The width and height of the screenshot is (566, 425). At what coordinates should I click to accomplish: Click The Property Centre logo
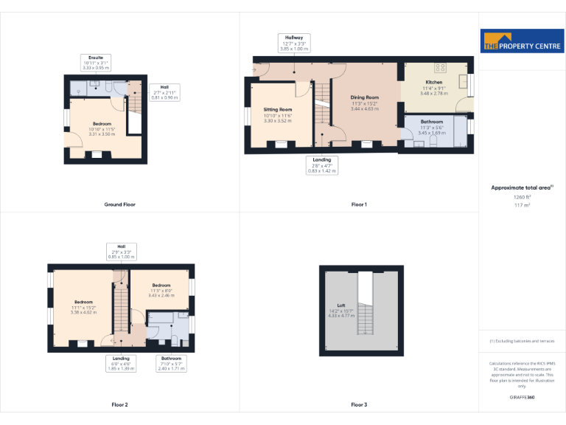(x=521, y=41)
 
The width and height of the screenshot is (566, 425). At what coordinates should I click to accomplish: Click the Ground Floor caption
(x=119, y=204)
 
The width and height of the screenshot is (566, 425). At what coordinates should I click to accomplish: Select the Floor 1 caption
(x=359, y=204)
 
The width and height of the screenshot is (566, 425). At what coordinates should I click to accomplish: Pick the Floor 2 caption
(x=119, y=404)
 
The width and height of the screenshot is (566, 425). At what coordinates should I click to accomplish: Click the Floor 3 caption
(x=359, y=404)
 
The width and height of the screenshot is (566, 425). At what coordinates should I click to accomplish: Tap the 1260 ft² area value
(x=522, y=197)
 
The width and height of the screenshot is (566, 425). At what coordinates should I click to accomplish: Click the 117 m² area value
(x=522, y=204)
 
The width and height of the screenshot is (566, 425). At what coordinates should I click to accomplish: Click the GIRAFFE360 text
(x=522, y=398)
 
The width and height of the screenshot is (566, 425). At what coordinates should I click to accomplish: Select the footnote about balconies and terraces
(x=522, y=341)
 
